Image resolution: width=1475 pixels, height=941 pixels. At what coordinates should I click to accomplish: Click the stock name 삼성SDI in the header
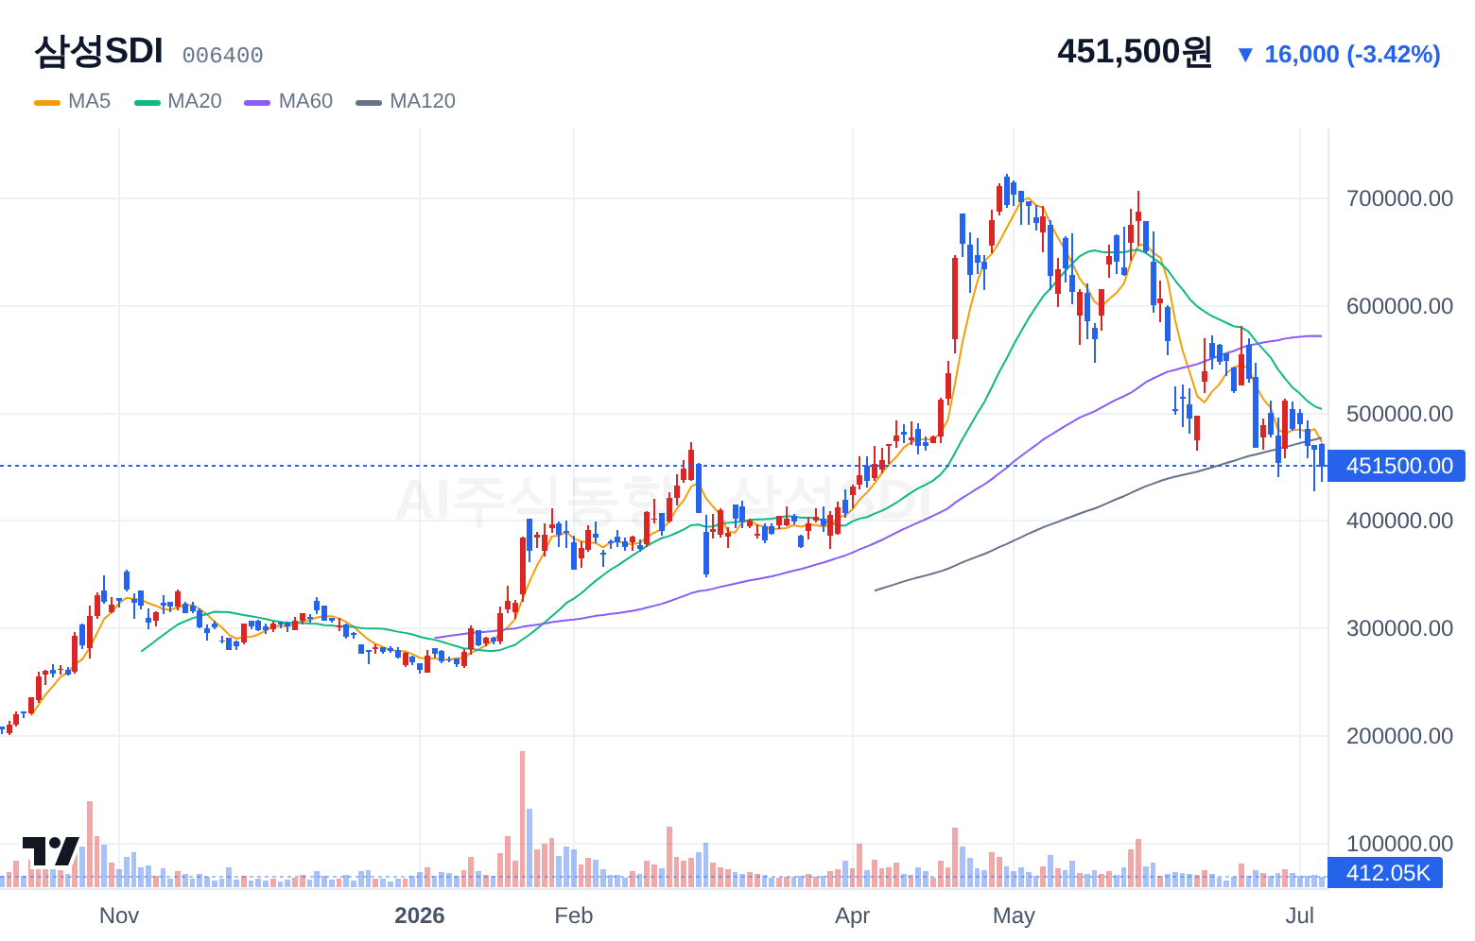pos(98,51)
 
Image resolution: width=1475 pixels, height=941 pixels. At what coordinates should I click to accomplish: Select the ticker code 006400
pos(222,56)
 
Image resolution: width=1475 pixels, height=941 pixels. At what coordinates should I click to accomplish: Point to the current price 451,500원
pos(1134,51)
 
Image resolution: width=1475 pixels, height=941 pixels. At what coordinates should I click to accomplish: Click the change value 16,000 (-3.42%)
pos(1352,54)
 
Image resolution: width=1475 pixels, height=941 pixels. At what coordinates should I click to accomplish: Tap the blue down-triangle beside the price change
pos(1245,55)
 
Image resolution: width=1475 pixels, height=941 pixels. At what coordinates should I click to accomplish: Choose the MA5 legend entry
pos(73,101)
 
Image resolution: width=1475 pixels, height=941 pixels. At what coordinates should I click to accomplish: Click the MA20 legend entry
pos(178,101)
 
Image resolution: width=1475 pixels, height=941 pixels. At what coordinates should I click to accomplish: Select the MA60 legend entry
pos(288,101)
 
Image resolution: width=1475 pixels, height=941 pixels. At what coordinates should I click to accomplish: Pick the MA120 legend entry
pos(406,101)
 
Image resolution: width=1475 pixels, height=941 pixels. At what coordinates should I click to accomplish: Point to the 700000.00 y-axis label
pos(1399,198)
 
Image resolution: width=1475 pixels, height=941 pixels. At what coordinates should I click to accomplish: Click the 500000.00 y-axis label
pos(1399,413)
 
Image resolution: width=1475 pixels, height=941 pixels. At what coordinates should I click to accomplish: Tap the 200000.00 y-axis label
pos(1399,736)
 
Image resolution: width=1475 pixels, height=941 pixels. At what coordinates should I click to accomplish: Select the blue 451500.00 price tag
pos(1396,466)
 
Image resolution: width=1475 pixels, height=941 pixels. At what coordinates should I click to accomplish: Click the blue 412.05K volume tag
pos(1385,873)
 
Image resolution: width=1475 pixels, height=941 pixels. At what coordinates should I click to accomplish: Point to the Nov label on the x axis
pos(119,915)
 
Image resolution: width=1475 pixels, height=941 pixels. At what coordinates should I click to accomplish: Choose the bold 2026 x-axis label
pos(420,915)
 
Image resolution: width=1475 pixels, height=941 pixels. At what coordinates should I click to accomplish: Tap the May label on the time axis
pos(1014,915)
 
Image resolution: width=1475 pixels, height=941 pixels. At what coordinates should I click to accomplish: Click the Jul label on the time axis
pos(1300,915)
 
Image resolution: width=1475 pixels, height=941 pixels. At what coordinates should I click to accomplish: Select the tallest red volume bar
pos(522,819)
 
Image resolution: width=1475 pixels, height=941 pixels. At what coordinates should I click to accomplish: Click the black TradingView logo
pos(51,851)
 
